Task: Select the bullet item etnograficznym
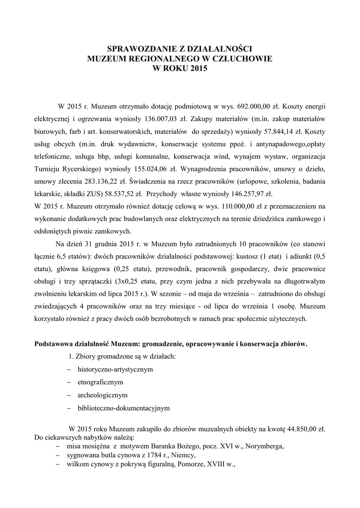coord(100,382)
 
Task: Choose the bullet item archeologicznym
coord(102,395)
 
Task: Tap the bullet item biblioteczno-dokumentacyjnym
coord(124,408)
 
